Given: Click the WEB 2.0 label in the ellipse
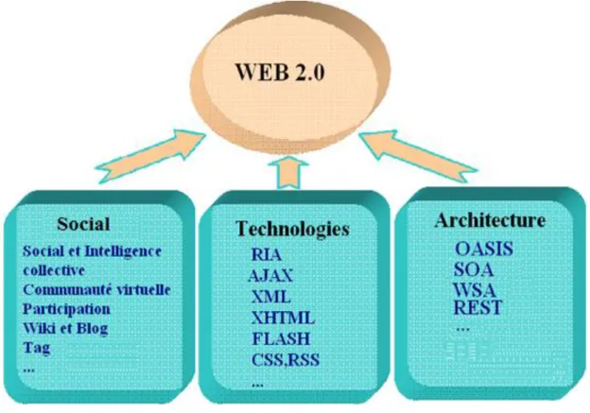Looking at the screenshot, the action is coord(280,72).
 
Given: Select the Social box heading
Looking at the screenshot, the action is coord(83,224).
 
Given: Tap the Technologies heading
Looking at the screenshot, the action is coord(292,229).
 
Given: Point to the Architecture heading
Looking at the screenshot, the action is coord(490,220).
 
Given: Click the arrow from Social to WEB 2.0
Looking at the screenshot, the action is coord(150,156).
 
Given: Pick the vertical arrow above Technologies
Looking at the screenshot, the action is coord(288,171).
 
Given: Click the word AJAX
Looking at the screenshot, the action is coord(270,276).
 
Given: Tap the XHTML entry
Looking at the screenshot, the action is coord(283,318).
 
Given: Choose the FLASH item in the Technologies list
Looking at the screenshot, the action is coord(282,338).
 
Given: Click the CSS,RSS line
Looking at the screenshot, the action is coord(286,359).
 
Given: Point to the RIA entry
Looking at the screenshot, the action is coord(266,254).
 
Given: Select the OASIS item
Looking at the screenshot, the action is coord(484,249).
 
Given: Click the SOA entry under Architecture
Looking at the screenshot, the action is coord(474,269).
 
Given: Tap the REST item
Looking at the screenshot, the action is coord(477,307).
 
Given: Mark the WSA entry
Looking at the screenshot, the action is coord(475,289).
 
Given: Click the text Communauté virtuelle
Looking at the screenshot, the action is coord(96,289).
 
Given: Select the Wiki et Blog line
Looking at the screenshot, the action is coord(65,328).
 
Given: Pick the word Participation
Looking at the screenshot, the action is coord(66,309).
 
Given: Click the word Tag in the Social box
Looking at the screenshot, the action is coord(37,348).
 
